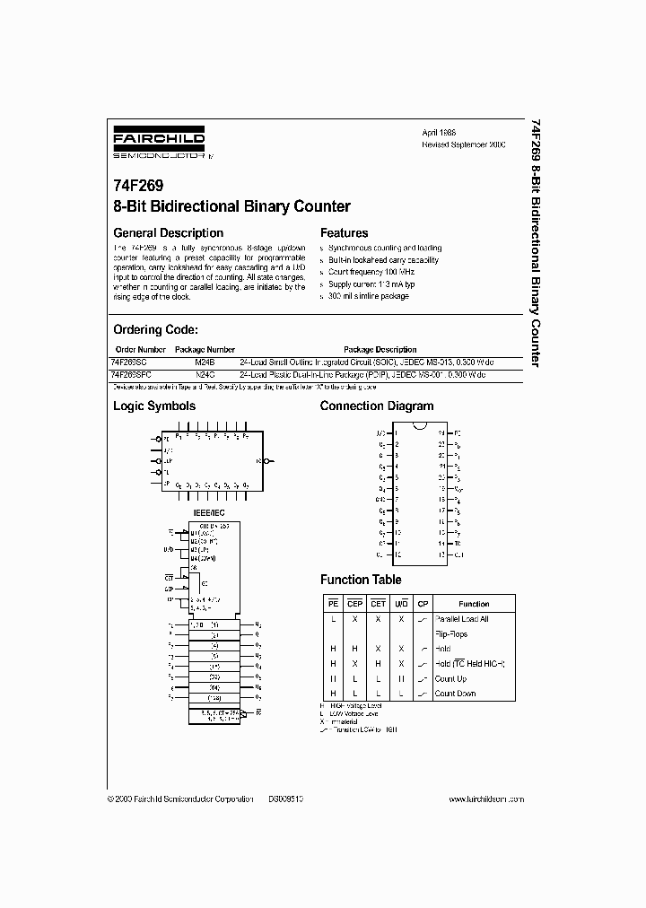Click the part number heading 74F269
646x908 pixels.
coord(138,189)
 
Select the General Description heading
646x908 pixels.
coord(168,233)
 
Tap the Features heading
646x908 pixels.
coord(345,233)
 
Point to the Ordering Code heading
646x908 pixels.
coord(161,330)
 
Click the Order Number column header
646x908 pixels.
coord(141,350)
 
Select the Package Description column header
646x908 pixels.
coord(380,350)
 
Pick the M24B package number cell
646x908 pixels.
coord(205,361)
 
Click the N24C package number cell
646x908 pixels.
coord(205,372)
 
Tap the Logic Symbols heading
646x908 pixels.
coord(154,406)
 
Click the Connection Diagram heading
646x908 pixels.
coord(377,406)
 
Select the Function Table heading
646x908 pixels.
coord(361,581)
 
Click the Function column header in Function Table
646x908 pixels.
coord(474,604)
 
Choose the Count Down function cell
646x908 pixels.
coord(454,694)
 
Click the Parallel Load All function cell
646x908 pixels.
coord(463,619)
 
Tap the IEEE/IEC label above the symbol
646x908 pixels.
coord(209,511)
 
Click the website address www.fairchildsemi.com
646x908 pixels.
coord(485,798)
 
